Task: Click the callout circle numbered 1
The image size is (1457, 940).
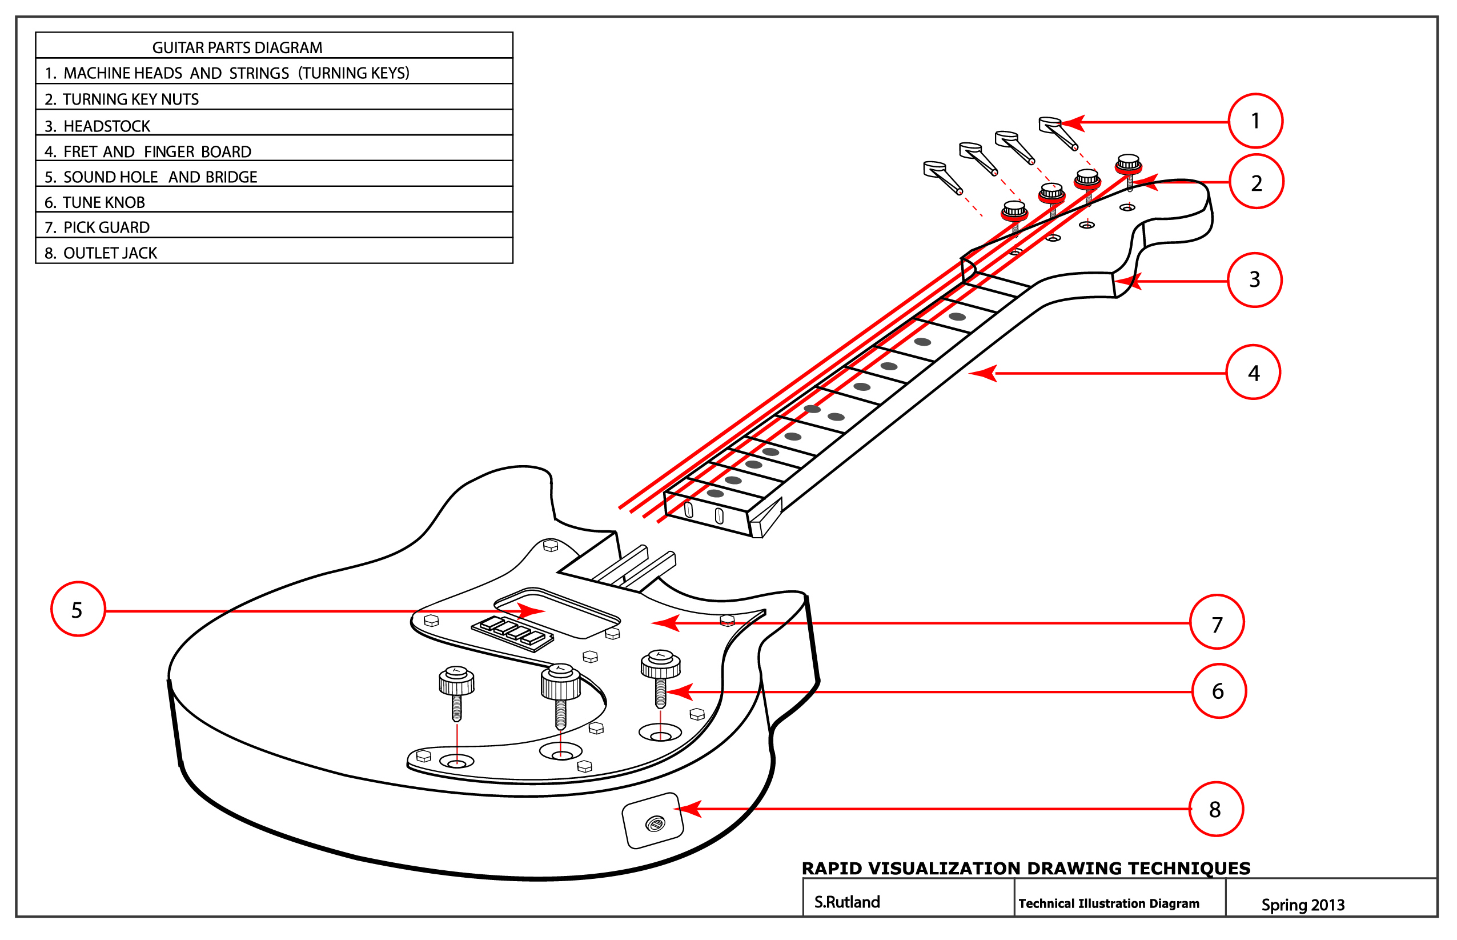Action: pos(1254,121)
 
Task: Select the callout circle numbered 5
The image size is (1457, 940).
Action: pos(78,609)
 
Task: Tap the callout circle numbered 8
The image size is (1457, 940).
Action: pos(1215,809)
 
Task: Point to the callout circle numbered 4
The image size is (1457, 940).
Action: pos(1253,373)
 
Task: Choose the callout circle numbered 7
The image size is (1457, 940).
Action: pos(1217,623)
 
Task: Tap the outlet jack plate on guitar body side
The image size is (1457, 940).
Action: pos(652,821)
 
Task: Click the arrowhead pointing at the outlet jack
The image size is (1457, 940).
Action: pos(688,809)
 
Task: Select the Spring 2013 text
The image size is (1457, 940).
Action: pos(1302,905)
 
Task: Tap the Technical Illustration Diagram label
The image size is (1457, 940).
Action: pos(1108,903)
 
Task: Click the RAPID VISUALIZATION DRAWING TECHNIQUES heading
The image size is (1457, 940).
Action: pos(1025,868)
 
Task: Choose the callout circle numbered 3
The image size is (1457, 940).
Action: pos(1253,279)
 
